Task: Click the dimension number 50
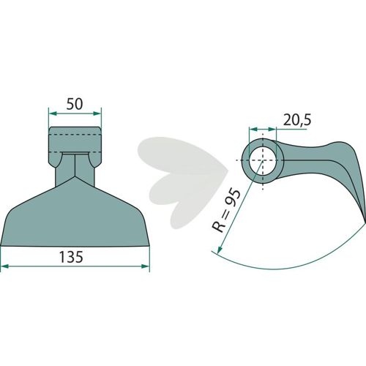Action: [x=75, y=104]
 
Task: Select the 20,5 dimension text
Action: [x=297, y=120]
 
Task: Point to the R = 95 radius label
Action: [x=226, y=211]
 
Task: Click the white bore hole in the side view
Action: [x=263, y=160]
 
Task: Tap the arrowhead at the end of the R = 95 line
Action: [x=220, y=250]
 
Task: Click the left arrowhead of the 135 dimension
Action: [x=5, y=266]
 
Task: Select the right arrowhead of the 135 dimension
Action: [x=145, y=266]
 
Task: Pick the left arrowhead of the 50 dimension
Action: [x=53, y=113]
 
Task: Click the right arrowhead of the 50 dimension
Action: [x=97, y=113]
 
